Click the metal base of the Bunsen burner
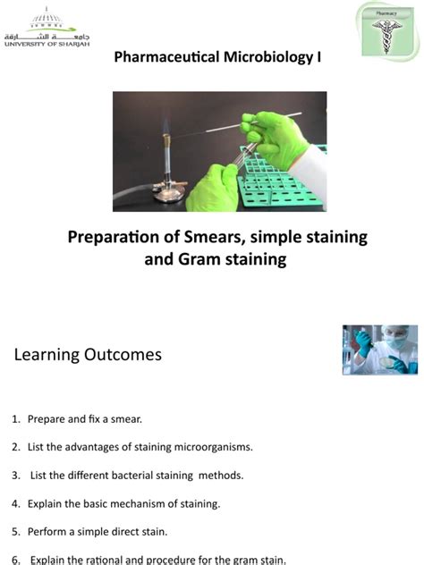coord(166,191)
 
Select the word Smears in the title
coord(216,238)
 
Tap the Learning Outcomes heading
coord(88,355)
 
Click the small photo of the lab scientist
coord(379,350)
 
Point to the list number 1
coord(15,418)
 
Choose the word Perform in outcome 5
coord(47,533)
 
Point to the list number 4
coord(15,504)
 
